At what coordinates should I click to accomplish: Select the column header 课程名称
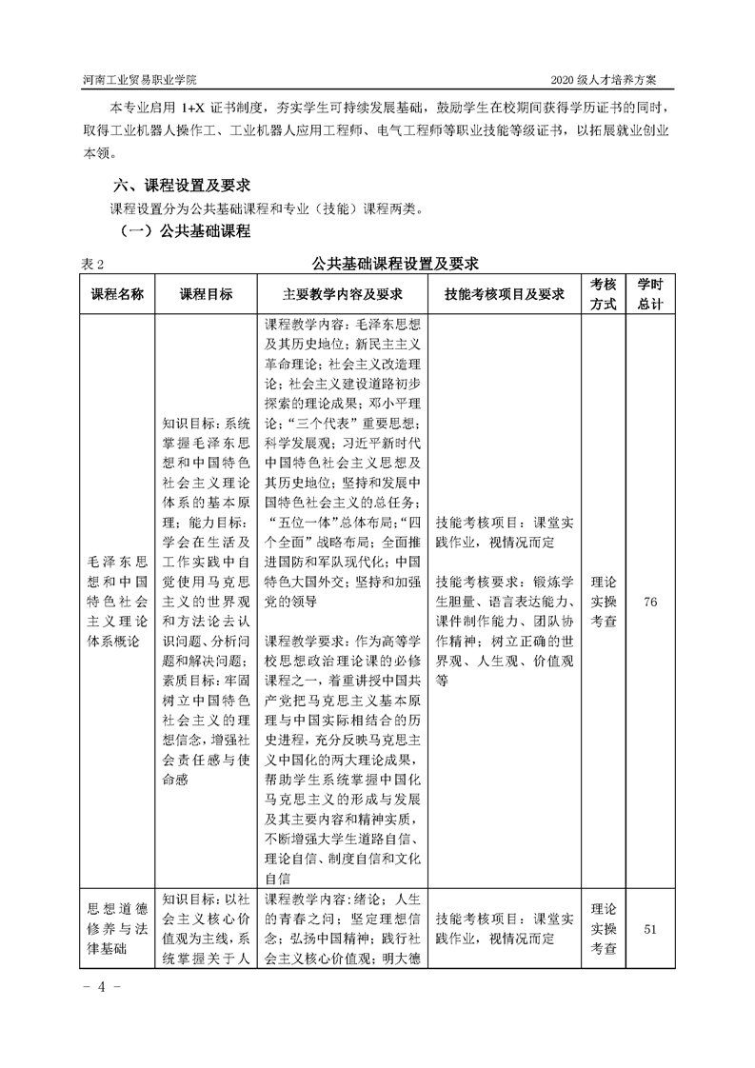click(116, 294)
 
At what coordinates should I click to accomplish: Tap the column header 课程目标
click(206, 294)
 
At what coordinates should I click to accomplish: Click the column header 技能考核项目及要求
click(505, 294)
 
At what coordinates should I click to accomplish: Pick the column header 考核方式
click(604, 294)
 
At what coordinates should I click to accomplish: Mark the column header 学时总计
click(650, 294)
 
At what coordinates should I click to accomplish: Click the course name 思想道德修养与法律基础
click(116, 928)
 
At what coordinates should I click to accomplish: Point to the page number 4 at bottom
click(99, 987)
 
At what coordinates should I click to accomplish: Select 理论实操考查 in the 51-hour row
click(604, 928)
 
